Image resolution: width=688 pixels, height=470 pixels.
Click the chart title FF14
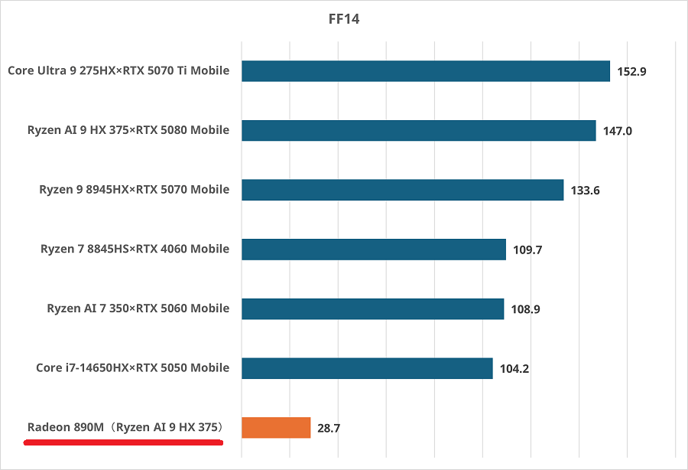pos(343,19)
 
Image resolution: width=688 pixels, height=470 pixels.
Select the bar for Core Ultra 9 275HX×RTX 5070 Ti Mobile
pos(425,71)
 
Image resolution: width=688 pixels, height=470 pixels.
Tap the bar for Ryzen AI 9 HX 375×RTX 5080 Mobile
pos(418,130)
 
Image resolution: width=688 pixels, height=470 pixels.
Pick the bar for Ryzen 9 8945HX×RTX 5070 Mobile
pos(402,190)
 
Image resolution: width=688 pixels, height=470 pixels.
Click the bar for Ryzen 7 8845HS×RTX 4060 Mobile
pos(373,250)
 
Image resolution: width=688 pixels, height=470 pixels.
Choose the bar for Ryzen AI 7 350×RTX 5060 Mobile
pos(372,308)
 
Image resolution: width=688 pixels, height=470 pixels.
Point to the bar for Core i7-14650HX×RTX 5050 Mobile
pos(367,368)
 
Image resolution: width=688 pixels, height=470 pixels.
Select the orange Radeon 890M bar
pos(276,427)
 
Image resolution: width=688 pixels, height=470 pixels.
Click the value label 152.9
pos(631,72)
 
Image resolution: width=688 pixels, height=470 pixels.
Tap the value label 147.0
pos(618,131)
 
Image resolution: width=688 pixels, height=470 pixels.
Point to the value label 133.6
pos(586,191)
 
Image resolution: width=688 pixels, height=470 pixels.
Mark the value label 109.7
pos(527,250)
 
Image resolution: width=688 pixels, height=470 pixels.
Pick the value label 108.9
pos(526,309)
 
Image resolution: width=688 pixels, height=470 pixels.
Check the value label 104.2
pos(514,369)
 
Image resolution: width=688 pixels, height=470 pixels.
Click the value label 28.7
pos(329,429)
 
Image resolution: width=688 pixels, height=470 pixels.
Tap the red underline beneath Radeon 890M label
pos(123,442)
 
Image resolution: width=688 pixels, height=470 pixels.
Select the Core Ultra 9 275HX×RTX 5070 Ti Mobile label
pos(118,71)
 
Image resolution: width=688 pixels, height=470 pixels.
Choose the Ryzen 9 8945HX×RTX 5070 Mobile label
pos(134,190)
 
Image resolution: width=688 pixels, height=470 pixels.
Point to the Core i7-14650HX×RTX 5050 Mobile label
pos(132,368)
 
